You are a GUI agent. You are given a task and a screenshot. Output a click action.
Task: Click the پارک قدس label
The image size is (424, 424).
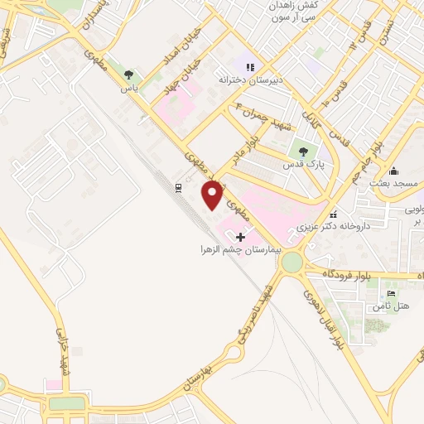(303, 165)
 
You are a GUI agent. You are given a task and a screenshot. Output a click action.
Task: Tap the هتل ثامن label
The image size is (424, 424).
(392, 306)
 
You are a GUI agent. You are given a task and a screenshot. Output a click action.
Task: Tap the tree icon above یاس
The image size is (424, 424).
(128, 75)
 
